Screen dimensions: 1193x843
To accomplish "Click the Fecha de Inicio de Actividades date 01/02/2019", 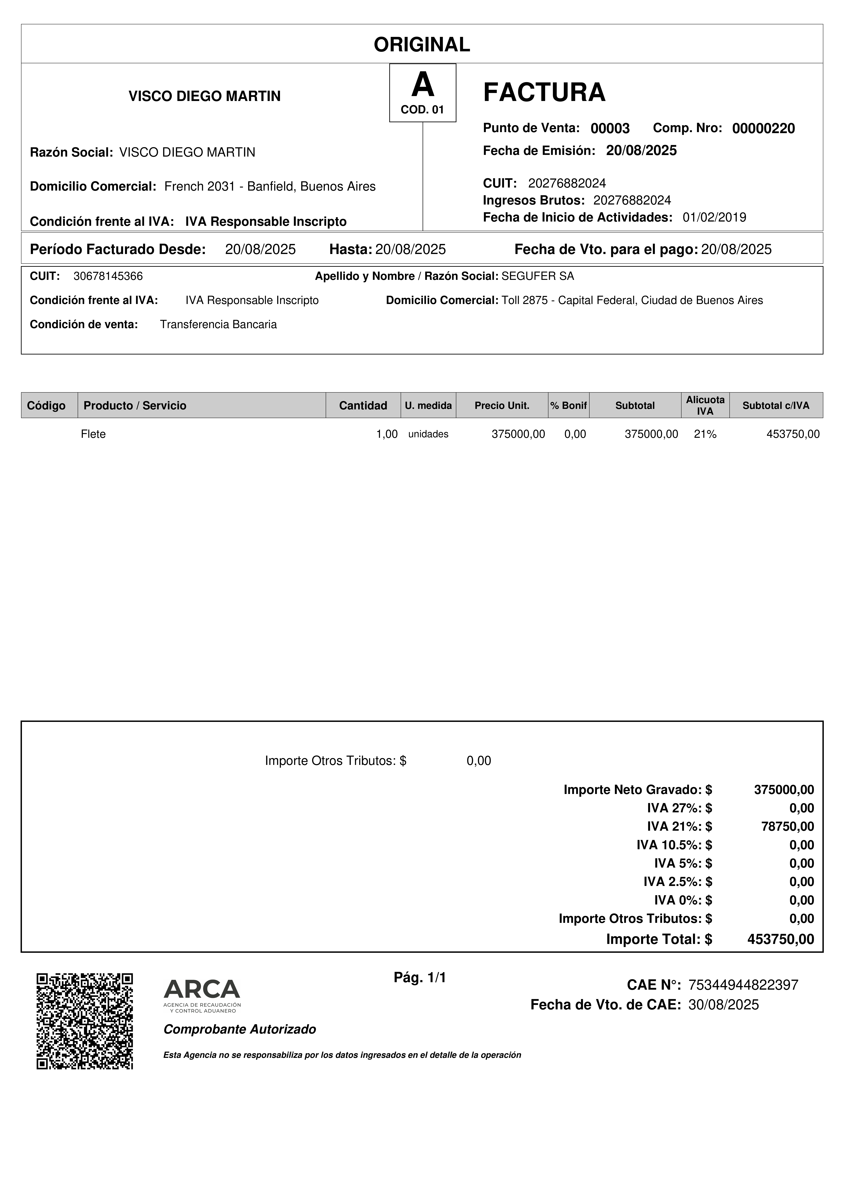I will click(714, 217).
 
